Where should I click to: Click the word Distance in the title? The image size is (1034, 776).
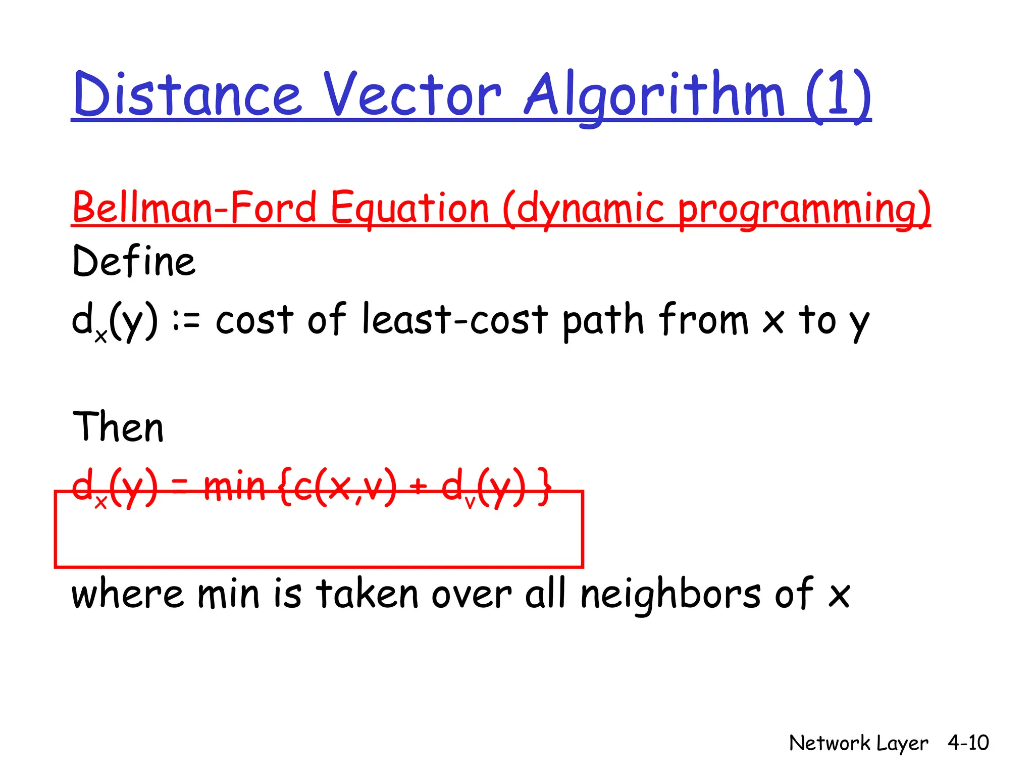click(187, 95)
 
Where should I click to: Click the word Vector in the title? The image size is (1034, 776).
click(411, 95)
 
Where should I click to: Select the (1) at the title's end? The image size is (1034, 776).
click(838, 95)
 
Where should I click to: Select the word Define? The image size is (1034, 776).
click(134, 262)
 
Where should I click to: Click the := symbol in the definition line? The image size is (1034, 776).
click(186, 321)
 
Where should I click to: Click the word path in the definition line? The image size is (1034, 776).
click(603, 320)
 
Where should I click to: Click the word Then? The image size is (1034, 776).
click(118, 427)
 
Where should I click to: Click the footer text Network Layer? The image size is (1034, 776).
click(858, 743)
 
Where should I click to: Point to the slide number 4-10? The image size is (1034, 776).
click(968, 743)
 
